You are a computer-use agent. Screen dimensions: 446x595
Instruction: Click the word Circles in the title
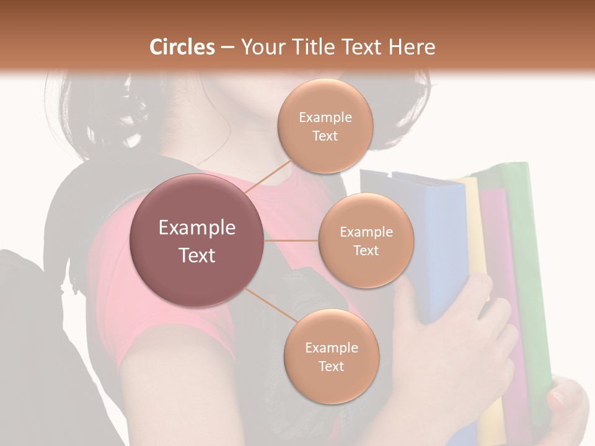[x=182, y=47]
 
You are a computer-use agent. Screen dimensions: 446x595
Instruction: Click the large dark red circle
[x=197, y=240]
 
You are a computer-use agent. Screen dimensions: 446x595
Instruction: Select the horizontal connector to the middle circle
[x=291, y=240]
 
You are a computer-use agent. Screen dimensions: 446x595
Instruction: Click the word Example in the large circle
[x=197, y=228]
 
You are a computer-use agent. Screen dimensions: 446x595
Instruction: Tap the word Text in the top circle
[x=325, y=136]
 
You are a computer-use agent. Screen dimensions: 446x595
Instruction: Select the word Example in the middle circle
[x=366, y=232]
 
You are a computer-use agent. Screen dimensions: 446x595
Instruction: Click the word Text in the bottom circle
[x=331, y=366]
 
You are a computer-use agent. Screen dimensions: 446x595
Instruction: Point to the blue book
[x=440, y=248]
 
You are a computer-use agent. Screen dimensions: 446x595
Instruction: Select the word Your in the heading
[x=260, y=47]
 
